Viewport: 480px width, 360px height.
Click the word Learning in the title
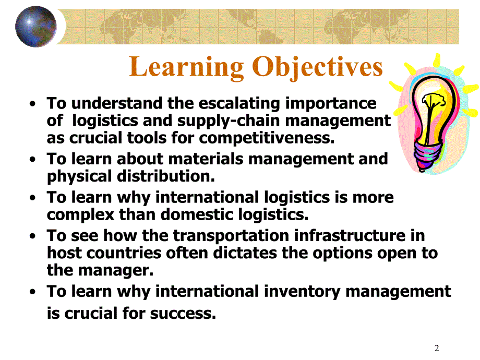[x=186, y=68]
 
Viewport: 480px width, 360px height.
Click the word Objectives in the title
[x=318, y=68]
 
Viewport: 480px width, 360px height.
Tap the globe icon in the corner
[x=35, y=26]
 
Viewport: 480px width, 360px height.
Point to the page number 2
[x=437, y=348]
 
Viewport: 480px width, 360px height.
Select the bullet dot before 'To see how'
[x=33, y=236]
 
